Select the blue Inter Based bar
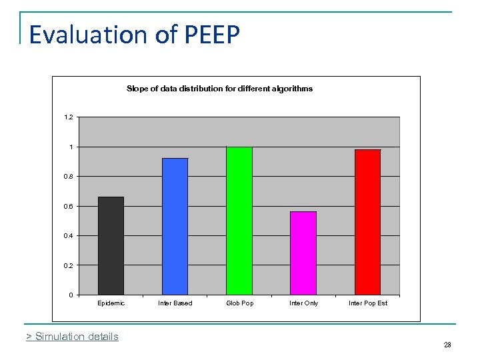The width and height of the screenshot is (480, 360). [175, 226]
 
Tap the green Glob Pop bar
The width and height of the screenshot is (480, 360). [239, 221]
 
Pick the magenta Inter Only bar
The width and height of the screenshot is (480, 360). [303, 253]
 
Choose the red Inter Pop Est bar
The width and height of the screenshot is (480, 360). [367, 222]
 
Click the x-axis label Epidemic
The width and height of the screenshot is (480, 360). [111, 303]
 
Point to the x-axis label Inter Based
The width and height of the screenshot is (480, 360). [175, 303]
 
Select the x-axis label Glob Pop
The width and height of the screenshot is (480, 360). [239, 303]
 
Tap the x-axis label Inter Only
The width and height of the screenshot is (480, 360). [303, 303]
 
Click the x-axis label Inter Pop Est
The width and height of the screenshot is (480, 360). [367, 303]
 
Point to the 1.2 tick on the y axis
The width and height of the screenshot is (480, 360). [69, 117]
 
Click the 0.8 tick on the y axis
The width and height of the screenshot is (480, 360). [69, 177]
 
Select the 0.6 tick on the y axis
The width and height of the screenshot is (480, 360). [69, 206]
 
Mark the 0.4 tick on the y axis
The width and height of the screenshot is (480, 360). [69, 235]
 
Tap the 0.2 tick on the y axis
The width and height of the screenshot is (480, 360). [69, 265]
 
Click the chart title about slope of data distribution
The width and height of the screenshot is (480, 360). [219, 89]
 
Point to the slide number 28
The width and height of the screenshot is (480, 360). [447, 345]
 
